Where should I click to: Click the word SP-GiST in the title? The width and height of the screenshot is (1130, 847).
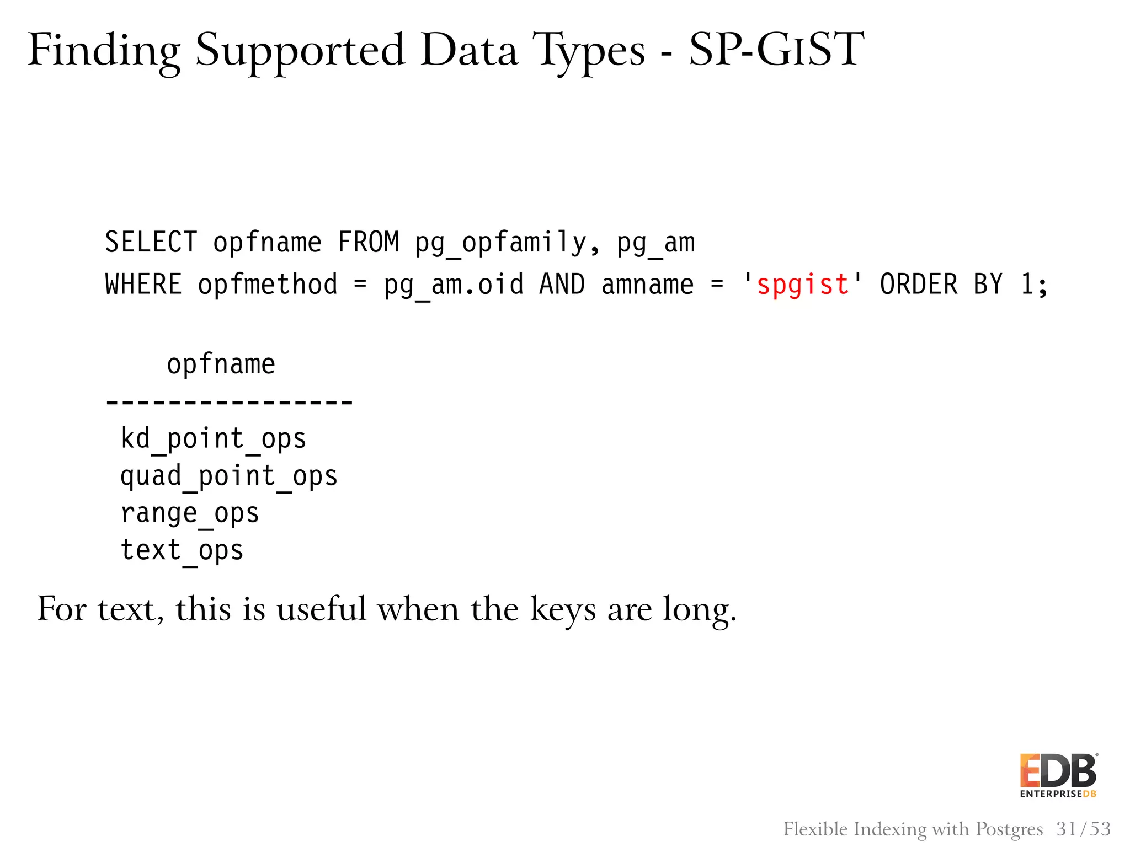[776, 50]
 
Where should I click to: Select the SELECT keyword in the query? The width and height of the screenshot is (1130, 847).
[151, 242]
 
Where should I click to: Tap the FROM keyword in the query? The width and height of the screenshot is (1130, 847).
[369, 242]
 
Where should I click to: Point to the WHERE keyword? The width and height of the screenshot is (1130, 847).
[143, 285]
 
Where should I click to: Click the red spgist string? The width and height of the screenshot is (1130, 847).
[803, 285]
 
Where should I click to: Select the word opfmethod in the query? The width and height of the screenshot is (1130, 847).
[268, 285]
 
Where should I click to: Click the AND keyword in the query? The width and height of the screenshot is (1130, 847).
[562, 285]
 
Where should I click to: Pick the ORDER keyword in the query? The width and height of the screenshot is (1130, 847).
[919, 285]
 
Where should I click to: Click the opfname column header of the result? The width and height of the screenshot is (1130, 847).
[221, 364]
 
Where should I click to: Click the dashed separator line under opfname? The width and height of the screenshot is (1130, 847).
[229, 402]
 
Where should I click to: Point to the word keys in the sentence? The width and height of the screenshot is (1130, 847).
[563, 610]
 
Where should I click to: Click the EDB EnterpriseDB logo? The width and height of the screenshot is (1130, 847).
[1058, 775]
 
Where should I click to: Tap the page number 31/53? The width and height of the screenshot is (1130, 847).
[1083, 829]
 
